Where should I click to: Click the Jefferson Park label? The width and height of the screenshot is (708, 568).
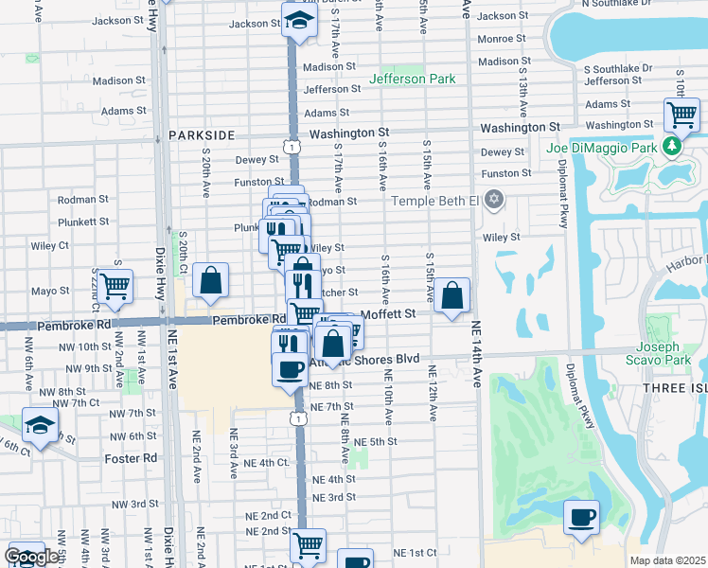pyautogui.click(x=413, y=80)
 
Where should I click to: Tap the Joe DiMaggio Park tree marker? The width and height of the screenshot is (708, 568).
pyautogui.click(x=671, y=147)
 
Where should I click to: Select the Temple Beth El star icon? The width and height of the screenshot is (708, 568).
pyautogui.click(x=492, y=200)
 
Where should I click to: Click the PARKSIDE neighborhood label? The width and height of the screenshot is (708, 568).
pyautogui.click(x=202, y=135)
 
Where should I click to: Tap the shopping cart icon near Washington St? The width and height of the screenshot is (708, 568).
pyautogui.click(x=681, y=115)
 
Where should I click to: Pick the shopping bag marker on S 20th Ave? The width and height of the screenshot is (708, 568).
pyautogui.click(x=210, y=279)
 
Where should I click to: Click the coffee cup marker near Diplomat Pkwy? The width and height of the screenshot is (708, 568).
pyautogui.click(x=581, y=517)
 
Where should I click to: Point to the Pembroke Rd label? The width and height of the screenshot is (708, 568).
pyautogui.click(x=248, y=320)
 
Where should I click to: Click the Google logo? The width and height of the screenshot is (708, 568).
pyautogui.click(x=31, y=557)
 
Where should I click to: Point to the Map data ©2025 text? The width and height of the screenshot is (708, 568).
pyautogui.click(x=667, y=561)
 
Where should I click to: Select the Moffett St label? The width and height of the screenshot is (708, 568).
pyautogui.click(x=388, y=313)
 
